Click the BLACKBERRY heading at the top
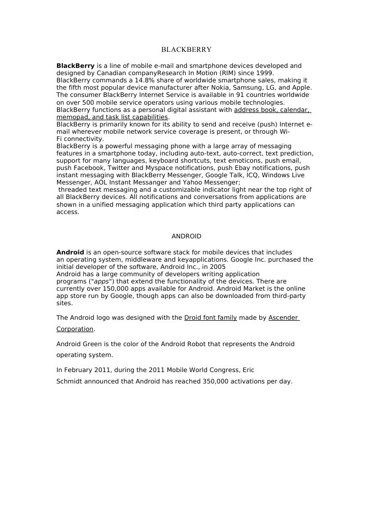point(186,50)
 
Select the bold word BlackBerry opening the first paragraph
point(75,66)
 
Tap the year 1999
point(265,73)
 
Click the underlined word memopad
point(72,117)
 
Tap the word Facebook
point(91,168)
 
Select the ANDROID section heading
point(186,236)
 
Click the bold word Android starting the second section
point(70,252)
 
